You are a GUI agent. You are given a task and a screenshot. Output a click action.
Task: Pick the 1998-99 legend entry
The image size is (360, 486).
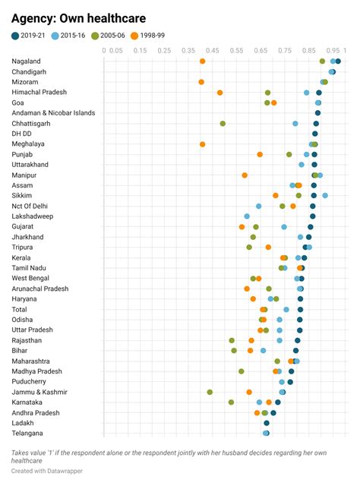(147, 36)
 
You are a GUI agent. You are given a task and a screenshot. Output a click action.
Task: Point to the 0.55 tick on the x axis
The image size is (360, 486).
(236, 51)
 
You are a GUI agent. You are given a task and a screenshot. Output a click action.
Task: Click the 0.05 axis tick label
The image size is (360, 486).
(115, 51)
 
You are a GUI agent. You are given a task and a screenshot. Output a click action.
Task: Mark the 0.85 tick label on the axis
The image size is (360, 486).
(309, 51)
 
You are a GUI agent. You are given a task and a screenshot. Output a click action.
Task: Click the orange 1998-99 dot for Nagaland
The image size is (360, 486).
(203, 62)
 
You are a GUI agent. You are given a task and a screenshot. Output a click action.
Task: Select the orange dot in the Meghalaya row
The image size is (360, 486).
(203, 144)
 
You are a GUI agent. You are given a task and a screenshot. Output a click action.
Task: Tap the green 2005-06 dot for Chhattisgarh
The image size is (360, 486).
(223, 123)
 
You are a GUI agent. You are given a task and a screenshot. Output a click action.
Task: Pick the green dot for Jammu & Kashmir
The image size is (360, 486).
(210, 392)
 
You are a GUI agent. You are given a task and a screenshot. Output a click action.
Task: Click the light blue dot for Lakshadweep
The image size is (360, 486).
(247, 216)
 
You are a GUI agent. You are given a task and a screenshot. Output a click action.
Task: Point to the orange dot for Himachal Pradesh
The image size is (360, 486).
(220, 93)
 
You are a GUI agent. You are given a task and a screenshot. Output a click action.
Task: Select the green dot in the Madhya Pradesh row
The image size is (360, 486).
(242, 371)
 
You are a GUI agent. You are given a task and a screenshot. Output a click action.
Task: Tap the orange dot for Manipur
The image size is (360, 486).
(245, 175)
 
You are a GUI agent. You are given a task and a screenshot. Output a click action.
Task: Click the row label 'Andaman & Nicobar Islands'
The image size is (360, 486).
(53, 113)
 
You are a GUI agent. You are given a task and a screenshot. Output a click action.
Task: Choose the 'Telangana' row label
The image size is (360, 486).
(28, 433)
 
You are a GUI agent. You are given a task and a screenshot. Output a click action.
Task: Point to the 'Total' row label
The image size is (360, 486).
(20, 309)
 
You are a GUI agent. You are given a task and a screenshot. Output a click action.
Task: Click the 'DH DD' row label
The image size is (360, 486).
(21, 134)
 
